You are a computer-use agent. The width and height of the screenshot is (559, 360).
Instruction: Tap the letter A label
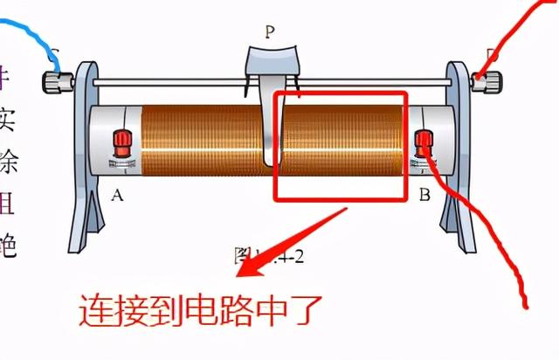[117, 195]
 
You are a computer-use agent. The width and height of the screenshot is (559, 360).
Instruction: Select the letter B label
[424, 195]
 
